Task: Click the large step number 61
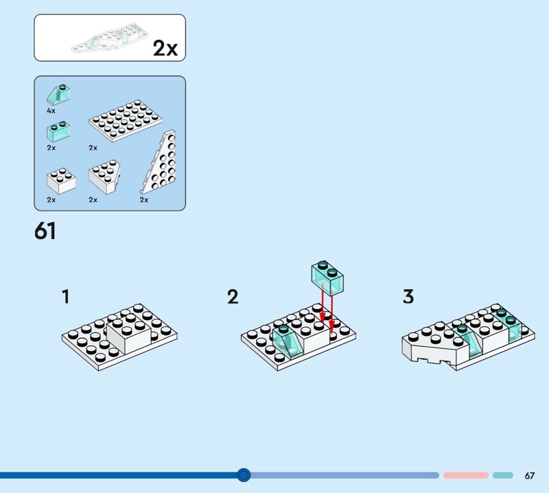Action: pos(45,231)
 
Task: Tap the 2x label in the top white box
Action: pos(165,48)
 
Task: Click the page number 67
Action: pos(529,475)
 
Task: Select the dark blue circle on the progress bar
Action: pos(244,475)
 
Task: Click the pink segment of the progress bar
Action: pos(466,475)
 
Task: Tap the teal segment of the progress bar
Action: pos(503,475)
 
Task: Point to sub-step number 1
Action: pos(66,297)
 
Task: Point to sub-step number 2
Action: pos(233,297)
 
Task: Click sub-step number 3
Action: pos(408,297)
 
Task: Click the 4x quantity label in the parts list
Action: pos(51,111)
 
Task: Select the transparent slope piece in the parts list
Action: pos(58,94)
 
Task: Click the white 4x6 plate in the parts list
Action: pos(126,121)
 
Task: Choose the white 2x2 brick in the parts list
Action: pos(61,181)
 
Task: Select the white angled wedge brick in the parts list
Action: pos(104,177)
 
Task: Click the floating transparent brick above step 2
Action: pos(327,276)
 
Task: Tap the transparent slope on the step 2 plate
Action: pos(288,341)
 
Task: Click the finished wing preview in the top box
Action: pos(110,38)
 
